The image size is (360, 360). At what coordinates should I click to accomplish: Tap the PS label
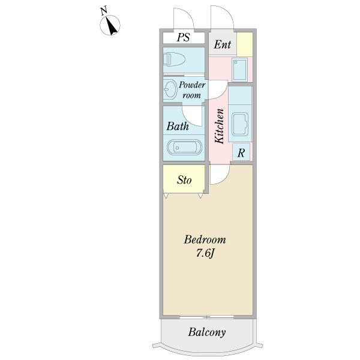click(183, 37)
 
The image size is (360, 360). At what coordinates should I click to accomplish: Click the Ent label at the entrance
click(223, 44)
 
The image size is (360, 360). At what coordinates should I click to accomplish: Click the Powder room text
click(192, 90)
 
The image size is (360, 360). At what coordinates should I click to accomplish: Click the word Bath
click(178, 127)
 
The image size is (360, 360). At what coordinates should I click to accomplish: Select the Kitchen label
click(220, 125)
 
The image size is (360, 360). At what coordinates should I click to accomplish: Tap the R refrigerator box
click(241, 152)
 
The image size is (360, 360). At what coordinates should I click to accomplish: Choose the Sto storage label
click(184, 180)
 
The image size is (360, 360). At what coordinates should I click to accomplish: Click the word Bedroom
click(205, 240)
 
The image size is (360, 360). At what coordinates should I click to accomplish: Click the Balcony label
click(207, 332)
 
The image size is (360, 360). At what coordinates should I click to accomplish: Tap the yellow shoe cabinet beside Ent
click(244, 44)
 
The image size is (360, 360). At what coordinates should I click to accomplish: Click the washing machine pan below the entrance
click(240, 70)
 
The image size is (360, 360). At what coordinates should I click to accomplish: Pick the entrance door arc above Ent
click(219, 18)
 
